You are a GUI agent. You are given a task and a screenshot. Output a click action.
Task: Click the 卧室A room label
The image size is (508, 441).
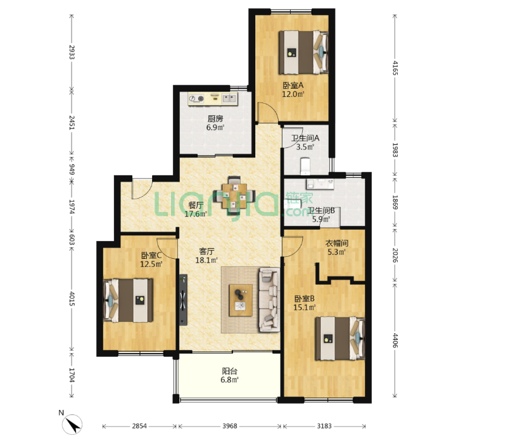pyautogui.click(x=293, y=85)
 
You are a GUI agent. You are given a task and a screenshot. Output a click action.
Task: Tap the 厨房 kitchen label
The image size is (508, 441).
pyautogui.click(x=215, y=119)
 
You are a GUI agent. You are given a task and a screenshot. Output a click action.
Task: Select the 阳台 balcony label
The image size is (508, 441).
pyautogui.click(x=230, y=371)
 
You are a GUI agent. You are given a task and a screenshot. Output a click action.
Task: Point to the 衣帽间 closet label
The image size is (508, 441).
pyautogui.click(x=336, y=243)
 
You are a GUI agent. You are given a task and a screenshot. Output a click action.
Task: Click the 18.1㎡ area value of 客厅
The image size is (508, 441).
pyautogui.click(x=206, y=260)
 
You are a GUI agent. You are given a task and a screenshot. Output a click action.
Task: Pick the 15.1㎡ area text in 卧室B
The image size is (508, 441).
pyautogui.click(x=305, y=307)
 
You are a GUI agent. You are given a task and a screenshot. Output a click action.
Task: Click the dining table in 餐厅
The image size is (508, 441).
pyautogui.click(x=234, y=196)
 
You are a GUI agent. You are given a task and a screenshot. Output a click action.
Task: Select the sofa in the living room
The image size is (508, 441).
pyautogui.click(x=269, y=299)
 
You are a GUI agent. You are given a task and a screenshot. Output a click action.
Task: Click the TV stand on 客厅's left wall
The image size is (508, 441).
pyautogui.click(x=183, y=300)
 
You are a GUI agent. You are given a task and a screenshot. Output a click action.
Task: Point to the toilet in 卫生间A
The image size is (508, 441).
pyautogui.click(x=305, y=166)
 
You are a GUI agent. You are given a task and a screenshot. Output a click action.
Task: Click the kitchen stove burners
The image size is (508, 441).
pyautogui.click(x=196, y=98)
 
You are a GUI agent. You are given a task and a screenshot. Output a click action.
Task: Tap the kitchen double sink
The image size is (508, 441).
pyautogui.click(x=229, y=98)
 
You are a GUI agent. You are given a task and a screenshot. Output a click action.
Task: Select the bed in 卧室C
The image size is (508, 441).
pyautogui.click(x=128, y=301)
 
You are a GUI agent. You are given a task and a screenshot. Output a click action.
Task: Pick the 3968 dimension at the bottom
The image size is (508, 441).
pyautogui.click(x=230, y=426)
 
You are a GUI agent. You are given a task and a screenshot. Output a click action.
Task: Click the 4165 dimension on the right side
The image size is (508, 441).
pyautogui.click(x=395, y=68)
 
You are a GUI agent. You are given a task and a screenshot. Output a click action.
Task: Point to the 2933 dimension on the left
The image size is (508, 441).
pyautogui.click(x=72, y=52)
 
